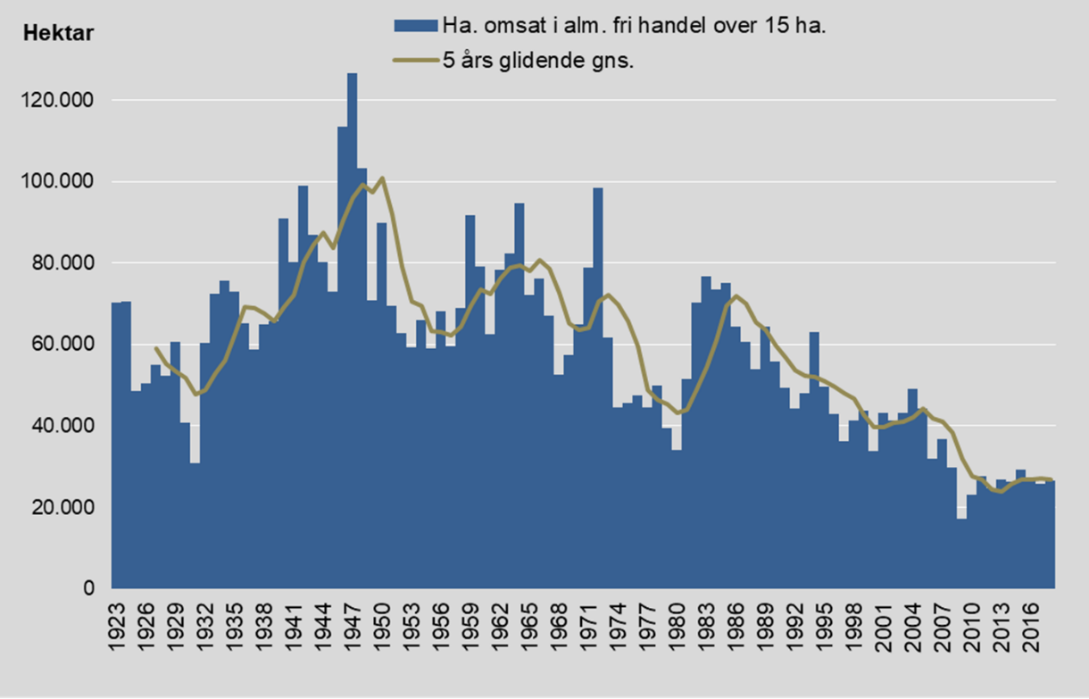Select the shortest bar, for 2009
tap(961, 553)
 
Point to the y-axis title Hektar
tap(58, 35)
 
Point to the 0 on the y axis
tap(87, 589)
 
